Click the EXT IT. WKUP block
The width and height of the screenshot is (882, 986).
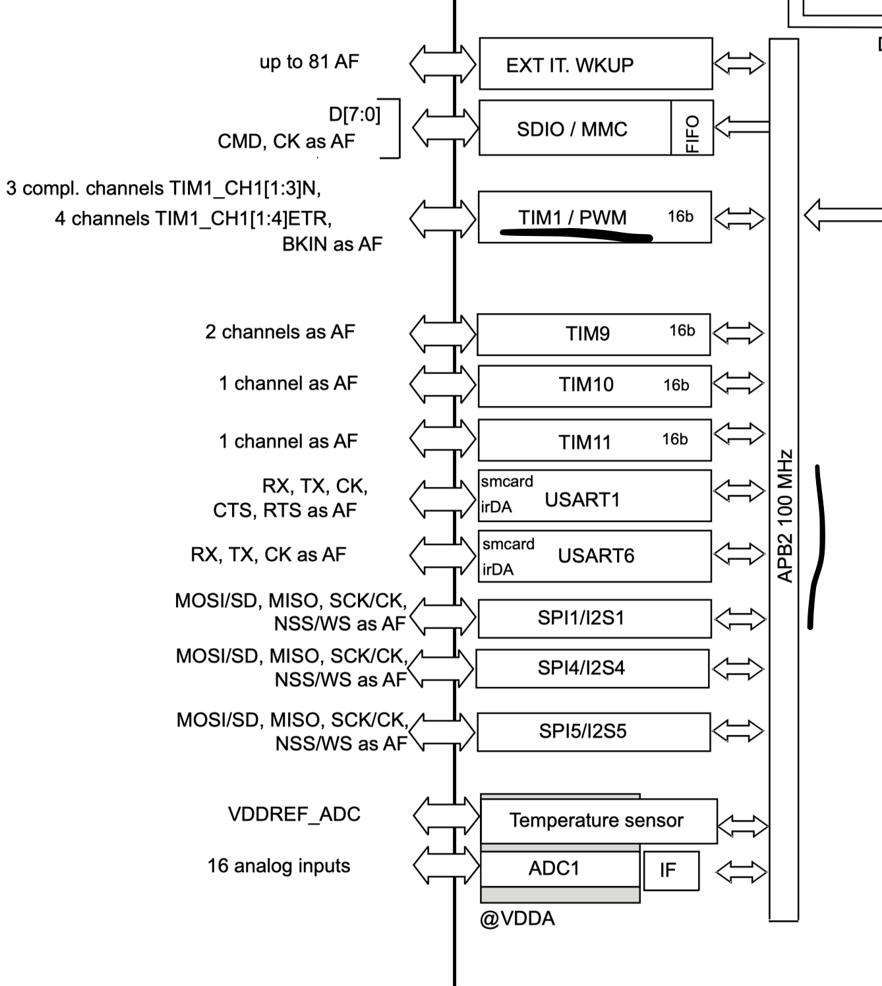[x=595, y=64]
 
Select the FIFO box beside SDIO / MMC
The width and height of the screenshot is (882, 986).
[x=691, y=129]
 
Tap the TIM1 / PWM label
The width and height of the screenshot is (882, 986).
[x=572, y=217]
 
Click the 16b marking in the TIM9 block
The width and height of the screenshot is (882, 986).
[x=682, y=330]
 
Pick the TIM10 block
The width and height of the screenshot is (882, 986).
[x=594, y=386]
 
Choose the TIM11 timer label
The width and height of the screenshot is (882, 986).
[x=585, y=442]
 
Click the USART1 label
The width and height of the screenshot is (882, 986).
[x=582, y=500]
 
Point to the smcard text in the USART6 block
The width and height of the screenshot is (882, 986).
[x=508, y=544]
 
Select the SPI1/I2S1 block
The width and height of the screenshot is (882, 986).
[x=594, y=618]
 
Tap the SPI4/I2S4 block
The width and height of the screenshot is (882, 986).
[x=592, y=668]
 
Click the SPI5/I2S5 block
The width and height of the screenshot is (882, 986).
[x=593, y=732]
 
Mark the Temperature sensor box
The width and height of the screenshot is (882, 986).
[x=598, y=821]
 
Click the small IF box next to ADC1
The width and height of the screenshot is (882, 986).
[x=670, y=871]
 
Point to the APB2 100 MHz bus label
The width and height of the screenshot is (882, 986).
[x=784, y=516]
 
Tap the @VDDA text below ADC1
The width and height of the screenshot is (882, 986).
[x=517, y=918]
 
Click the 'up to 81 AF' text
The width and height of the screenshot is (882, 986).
[x=309, y=62]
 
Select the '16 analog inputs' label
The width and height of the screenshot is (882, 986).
[x=279, y=865]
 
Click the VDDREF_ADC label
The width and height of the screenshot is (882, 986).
[x=294, y=815]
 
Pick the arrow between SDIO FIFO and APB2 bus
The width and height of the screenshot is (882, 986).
[x=742, y=127]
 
